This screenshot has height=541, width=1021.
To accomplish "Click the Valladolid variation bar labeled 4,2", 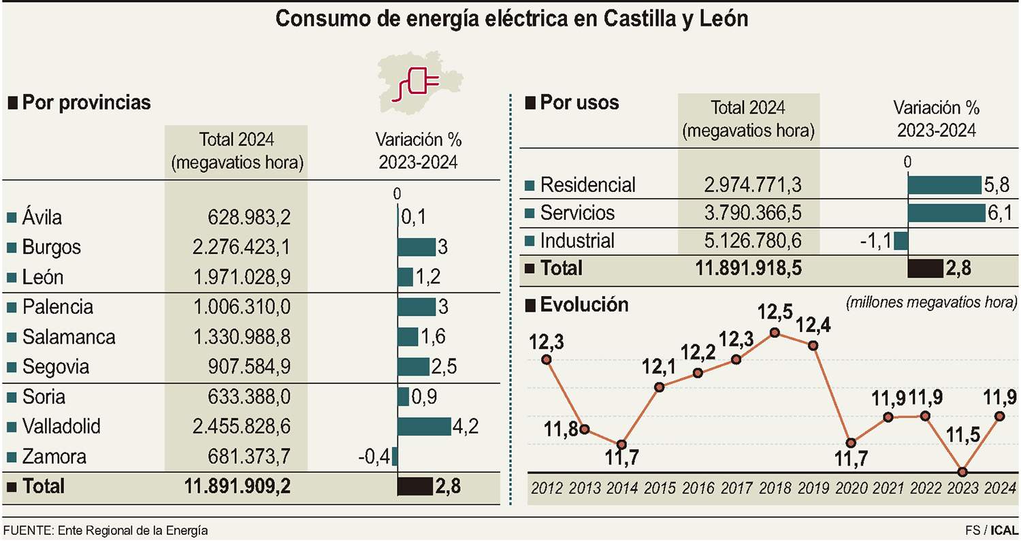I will (423, 427).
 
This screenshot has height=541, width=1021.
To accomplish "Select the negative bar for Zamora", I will (395, 456).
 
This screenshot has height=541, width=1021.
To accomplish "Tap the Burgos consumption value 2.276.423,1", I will (241, 247).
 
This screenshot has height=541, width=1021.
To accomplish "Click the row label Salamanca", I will (68, 337).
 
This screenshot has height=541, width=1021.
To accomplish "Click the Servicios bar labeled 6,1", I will (947, 213).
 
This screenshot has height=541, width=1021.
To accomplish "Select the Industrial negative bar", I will (901, 241).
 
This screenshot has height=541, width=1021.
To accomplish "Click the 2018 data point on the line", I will (775, 332).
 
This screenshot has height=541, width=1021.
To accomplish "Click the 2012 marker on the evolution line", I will (546, 359).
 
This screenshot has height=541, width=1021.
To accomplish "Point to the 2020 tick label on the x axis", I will (850, 489).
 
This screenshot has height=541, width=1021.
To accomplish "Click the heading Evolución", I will (584, 304).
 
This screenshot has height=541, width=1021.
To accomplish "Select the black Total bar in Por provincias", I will (415, 486).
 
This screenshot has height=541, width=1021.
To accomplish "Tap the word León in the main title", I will (722, 18).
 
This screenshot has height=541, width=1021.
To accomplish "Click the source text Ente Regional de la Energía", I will (133, 530).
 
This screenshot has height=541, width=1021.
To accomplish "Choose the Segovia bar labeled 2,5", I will (413, 367).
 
